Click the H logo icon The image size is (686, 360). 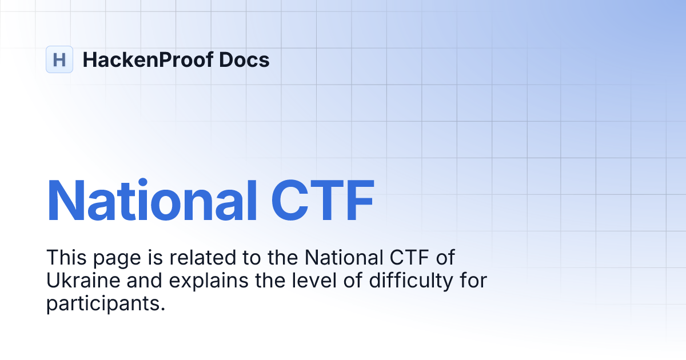pos(59,59)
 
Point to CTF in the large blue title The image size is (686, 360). pos(322,201)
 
